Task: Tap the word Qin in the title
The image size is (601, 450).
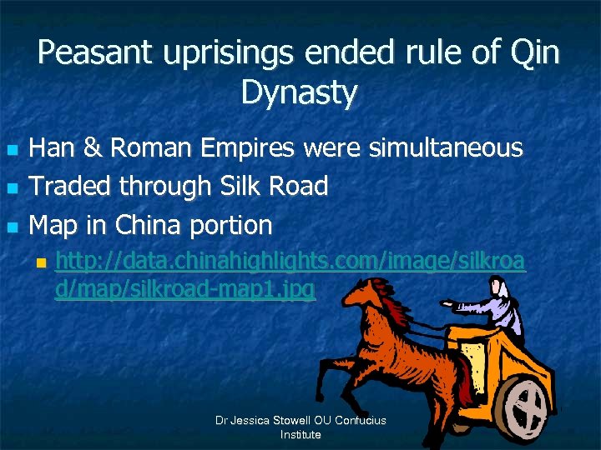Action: point(533,53)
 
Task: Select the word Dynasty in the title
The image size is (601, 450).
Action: point(299,92)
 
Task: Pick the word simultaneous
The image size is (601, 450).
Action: point(440,148)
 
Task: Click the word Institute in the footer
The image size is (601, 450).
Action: point(300,434)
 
